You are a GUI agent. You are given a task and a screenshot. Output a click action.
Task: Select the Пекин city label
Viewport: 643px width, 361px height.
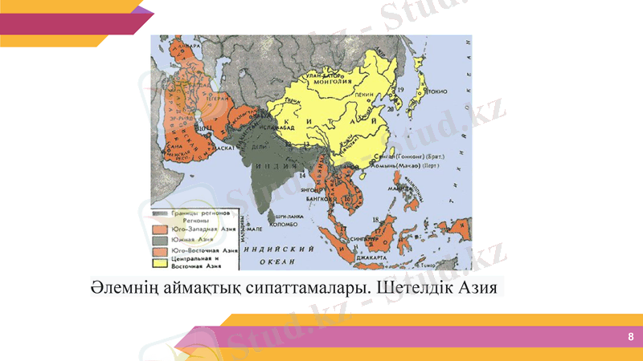(366, 95)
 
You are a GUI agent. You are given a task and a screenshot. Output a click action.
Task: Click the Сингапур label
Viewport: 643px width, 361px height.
(361, 237)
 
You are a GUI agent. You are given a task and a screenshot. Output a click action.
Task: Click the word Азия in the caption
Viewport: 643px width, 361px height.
(481, 286)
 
